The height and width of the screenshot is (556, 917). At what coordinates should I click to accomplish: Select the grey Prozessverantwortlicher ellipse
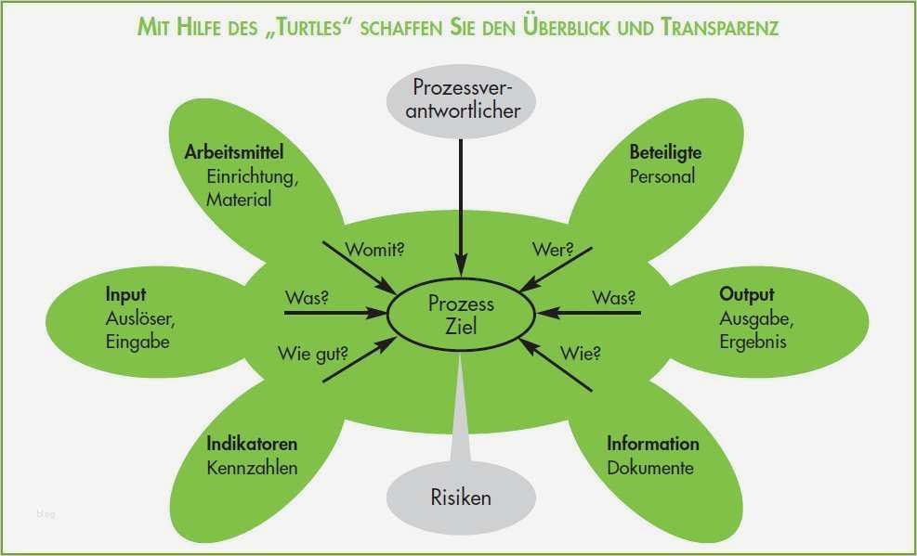[461, 101]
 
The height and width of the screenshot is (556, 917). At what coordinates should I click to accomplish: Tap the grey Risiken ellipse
[461, 498]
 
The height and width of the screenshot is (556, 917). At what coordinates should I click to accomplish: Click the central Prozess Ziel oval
[462, 315]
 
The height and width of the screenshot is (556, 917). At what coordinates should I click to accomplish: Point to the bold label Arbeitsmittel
[234, 152]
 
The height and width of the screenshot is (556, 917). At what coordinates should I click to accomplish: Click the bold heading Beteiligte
[665, 152]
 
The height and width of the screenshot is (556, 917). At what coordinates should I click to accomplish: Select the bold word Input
[125, 294]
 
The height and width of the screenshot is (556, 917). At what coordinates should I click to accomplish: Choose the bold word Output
[747, 294]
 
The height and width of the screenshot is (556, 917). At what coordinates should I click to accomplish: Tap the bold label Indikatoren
[252, 444]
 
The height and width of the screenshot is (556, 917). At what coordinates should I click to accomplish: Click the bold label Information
[652, 444]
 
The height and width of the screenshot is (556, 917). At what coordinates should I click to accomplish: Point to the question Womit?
[374, 250]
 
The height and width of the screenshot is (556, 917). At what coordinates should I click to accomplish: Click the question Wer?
[553, 250]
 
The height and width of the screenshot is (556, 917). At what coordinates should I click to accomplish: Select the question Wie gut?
[313, 354]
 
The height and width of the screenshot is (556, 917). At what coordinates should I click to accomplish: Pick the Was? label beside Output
[613, 298]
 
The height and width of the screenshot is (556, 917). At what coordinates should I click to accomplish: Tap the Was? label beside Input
[307, 298]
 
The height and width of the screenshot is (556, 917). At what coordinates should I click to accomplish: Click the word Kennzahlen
[252, 468]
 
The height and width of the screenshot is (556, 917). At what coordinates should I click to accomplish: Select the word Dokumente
[650, 468]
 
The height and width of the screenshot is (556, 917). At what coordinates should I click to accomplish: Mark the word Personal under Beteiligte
[662, 176]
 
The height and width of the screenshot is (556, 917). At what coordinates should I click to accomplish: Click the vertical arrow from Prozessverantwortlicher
[461, 208]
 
